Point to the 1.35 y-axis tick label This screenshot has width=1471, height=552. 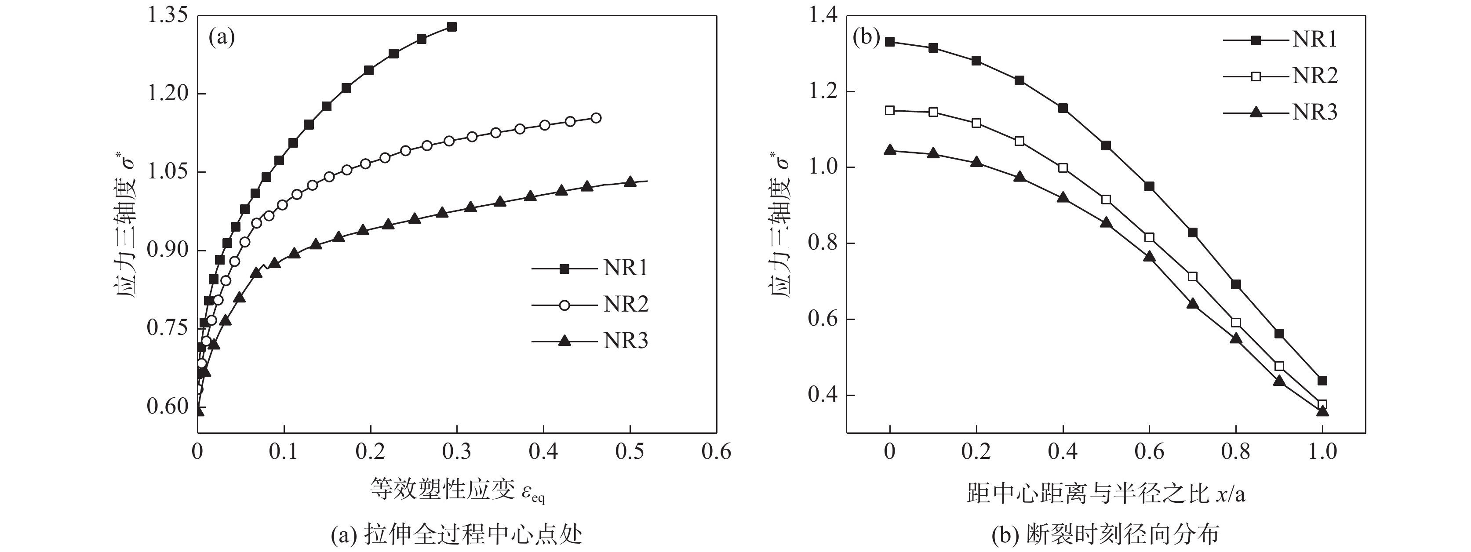point(167,15)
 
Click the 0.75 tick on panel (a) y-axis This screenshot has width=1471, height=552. point(167,328)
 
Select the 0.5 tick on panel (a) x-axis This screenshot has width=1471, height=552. point(630,452)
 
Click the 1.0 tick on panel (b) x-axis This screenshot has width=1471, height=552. point(1322,452)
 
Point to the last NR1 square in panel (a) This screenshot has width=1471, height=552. point(451,27)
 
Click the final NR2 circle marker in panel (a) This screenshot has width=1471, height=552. point(596,118)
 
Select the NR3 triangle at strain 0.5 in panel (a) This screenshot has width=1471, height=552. point(630,182)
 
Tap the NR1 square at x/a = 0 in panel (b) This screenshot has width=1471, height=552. point(890,42)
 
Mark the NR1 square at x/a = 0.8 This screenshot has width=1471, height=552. point(1236,284)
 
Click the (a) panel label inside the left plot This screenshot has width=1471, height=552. point(222,38)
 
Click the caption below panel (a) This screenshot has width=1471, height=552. point(457,535)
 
